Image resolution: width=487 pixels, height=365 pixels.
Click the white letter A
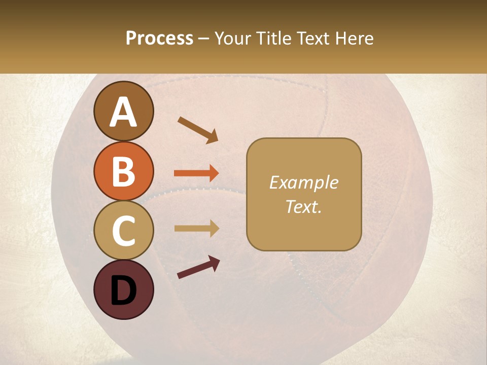point(123,113)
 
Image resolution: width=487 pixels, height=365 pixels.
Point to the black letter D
point(123,291)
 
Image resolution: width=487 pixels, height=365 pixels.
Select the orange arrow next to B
point(196,173)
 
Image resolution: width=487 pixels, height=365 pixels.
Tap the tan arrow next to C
point(196,228)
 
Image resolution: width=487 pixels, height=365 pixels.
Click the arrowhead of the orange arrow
point(214,173)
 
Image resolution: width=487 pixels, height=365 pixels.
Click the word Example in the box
point(303,182)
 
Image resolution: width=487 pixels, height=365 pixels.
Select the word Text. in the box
point(303,207)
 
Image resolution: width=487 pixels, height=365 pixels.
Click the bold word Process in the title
point(159,38)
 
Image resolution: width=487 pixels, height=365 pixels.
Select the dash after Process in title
point(203,39)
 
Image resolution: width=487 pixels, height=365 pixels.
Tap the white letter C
point(123,231)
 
